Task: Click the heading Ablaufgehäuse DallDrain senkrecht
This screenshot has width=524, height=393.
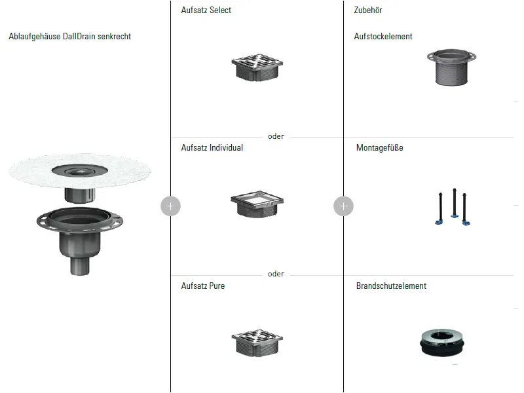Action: [x=70, y=37]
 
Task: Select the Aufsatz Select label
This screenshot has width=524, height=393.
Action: [x=206, y=10]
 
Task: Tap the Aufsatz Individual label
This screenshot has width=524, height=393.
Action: [x=212, y=148]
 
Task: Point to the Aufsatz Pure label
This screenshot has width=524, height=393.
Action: [x=203, y=286]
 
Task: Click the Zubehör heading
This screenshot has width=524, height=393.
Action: [x=368, y=10]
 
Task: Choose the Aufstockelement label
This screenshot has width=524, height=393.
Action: [x=383, y=37]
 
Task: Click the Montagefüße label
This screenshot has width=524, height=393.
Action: [x=380, y=148]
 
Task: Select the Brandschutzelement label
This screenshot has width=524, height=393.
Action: [x=391, y=286]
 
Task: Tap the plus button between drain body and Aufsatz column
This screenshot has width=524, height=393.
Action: [x=170, y=206]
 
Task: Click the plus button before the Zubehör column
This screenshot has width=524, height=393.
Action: [x=343, y=206]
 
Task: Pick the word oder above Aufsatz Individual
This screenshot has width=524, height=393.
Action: [x=276, y=136]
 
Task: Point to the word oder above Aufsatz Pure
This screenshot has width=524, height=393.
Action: [x=276, y=274]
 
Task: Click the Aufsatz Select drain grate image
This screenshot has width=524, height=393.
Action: [x=257, y=67]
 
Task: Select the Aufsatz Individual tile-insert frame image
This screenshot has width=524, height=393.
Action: [x=257, y=204]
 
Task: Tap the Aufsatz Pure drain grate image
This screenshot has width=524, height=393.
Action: [x=257, y=343]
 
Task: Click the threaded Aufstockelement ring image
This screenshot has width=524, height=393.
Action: [x=451, y=67]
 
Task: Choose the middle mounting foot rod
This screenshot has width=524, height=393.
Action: [x=455, y=203]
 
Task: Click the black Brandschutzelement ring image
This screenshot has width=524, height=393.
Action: [x=441, y=343]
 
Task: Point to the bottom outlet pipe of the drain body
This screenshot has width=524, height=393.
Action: [x=80, y=267]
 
